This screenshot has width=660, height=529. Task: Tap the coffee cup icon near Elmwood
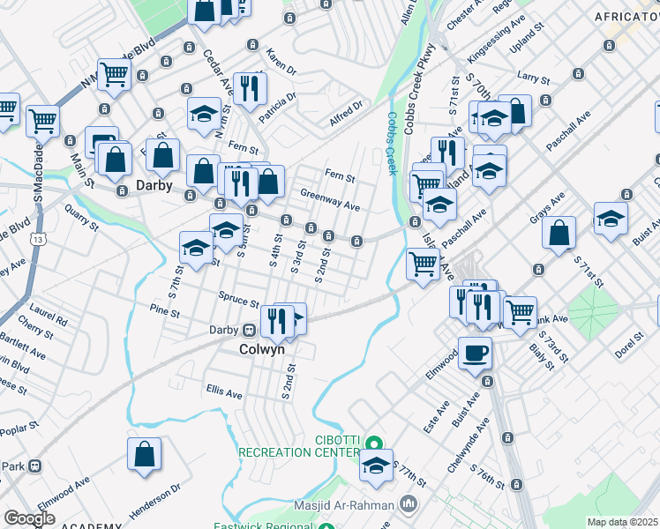(x=475, y=353)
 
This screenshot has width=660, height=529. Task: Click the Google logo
(x=29, y=518)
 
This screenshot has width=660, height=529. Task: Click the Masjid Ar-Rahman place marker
(x=407, y=503)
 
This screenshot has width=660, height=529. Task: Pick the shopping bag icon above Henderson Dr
(x=144, y=454)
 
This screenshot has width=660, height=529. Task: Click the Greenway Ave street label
(x=330, y=200)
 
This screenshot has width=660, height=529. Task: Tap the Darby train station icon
(x=250, y=330)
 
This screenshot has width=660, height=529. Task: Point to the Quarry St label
(x=81, y=218)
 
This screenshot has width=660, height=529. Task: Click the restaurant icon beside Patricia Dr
(x=250, y=88)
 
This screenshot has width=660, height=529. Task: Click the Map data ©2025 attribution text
(x=622, y=522)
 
